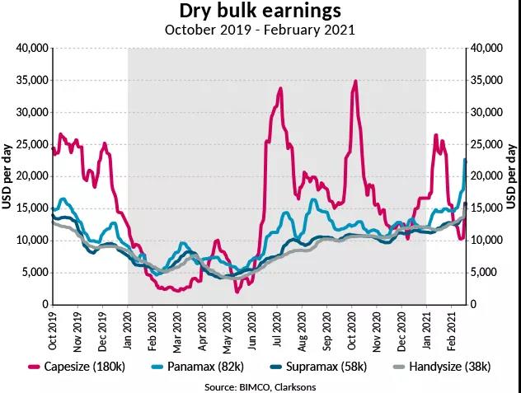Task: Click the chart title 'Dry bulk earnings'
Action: coord(260,12)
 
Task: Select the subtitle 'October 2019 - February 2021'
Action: coord(260,30)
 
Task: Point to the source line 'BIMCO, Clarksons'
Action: coord(260,385)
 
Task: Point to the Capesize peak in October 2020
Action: coord(354,82)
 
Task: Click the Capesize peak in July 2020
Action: coord(281,89)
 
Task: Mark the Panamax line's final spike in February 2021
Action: coord(465,160)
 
